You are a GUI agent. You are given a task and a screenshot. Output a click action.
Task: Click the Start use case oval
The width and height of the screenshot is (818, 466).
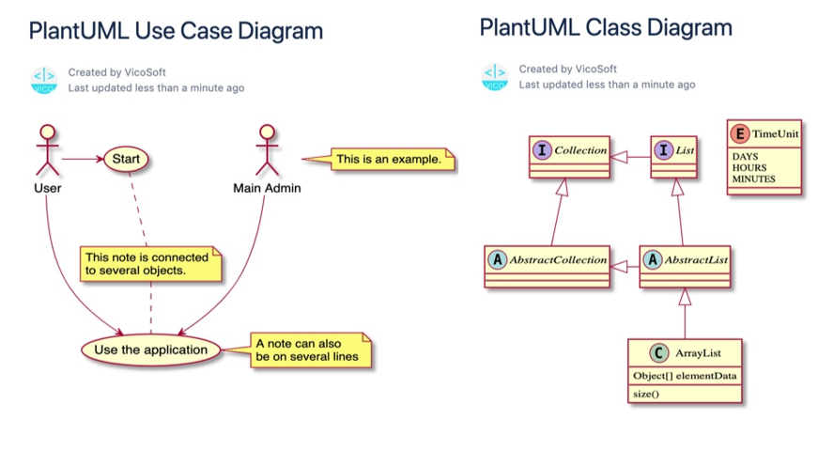tap(126, 159)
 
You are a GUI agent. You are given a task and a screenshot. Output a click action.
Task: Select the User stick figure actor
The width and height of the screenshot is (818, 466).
tap(48, 149)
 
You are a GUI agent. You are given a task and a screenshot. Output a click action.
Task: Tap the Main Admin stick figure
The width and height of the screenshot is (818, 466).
tap(268, 149)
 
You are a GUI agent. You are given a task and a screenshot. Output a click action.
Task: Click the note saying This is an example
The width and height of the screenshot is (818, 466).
tap(389, 160)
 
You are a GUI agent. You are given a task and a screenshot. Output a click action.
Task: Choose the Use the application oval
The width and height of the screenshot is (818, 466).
tap(150, 349)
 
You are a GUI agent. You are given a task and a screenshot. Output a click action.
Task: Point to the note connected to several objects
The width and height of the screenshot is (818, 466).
tap(150, 263)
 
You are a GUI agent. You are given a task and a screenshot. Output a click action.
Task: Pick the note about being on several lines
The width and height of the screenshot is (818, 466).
tap(309, 349)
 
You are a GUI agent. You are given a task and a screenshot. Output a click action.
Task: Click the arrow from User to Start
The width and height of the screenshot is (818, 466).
tap(83, 159)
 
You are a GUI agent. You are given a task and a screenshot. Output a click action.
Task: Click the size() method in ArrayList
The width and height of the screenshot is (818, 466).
tap(646, 394)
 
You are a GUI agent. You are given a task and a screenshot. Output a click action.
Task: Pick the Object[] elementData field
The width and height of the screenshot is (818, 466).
tap(685, 376)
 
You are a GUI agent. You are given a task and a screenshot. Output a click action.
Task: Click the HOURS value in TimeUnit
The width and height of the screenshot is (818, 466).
tap(749, 167)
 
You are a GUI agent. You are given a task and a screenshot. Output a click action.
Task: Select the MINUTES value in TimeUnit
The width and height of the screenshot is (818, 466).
tap(754, 179)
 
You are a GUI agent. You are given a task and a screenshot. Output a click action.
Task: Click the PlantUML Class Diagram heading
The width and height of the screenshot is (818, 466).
tap(606, 27)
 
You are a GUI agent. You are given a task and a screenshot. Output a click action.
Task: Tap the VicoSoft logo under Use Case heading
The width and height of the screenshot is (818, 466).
tap(44, 80)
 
